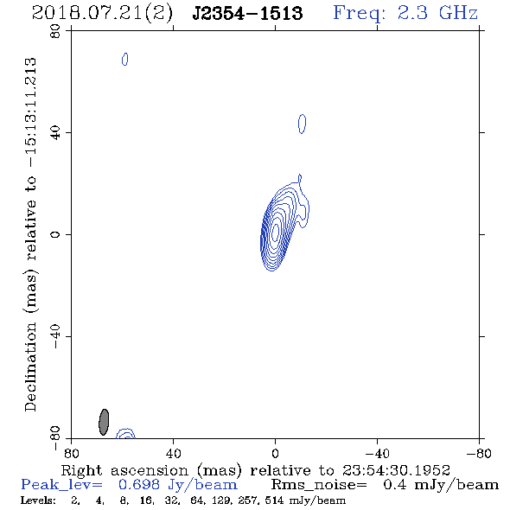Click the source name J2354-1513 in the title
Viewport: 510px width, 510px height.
(247, 13)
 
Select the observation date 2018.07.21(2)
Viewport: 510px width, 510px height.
(102, 14)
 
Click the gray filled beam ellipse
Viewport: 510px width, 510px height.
(104, 422)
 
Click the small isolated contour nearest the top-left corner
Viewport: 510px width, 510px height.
(124, 59)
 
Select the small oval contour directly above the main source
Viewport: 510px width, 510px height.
(303, 124)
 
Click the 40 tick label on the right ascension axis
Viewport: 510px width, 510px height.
(173, 454)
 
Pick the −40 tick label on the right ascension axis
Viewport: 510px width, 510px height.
(377, 454)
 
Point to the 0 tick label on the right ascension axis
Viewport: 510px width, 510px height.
(275, 454)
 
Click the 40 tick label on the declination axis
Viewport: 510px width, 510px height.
(55, 133)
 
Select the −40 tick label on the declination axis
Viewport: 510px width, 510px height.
(55, 336)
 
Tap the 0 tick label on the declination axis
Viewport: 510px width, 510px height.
(55, 234)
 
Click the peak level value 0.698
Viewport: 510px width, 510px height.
(139, 485)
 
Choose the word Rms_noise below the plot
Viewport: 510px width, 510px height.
(319, 485)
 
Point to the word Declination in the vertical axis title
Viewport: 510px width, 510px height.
(30, 367)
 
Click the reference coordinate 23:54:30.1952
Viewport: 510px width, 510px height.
(396, 470)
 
